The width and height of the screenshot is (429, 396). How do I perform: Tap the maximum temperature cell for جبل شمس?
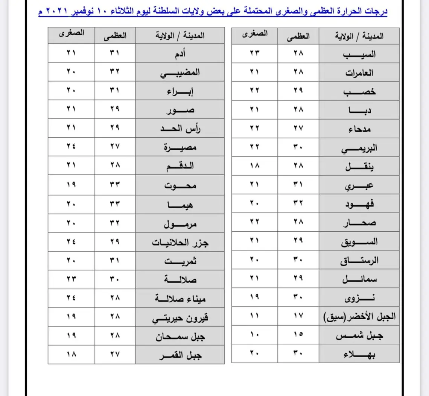tap(298, 335)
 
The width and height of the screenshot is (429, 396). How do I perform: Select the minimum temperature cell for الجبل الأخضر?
tap(255, 316)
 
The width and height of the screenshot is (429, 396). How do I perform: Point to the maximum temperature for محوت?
tap(115, 185)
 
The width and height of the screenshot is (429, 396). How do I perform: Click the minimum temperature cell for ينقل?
tap(255, 166)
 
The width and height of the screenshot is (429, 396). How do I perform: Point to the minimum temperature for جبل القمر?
tap(71, 355)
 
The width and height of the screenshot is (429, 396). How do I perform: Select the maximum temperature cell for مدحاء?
tap(298, 128)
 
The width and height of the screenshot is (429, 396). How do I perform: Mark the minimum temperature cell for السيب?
tap(255, 53)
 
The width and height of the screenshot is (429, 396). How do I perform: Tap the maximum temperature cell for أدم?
tap(115, 53)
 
